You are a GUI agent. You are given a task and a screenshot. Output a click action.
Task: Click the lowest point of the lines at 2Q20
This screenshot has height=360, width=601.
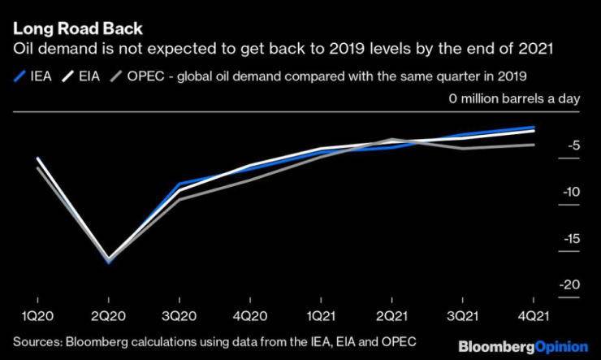tap(108, 261)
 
